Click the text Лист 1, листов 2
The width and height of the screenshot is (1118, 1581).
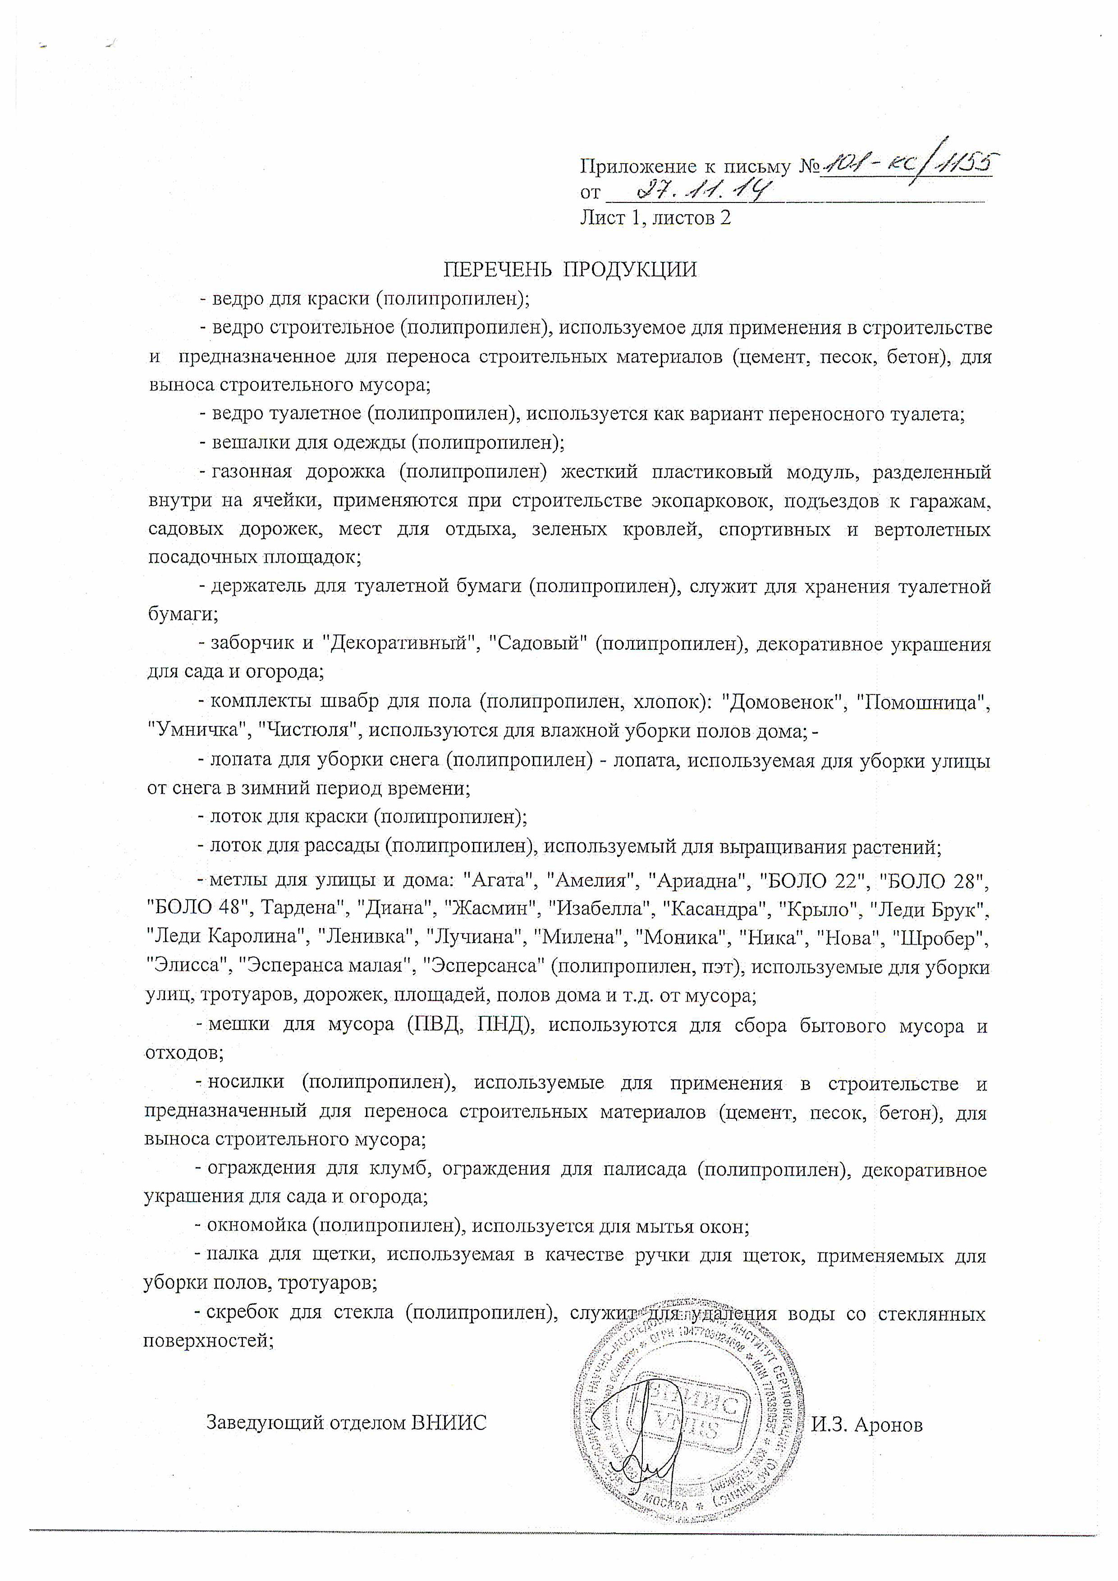[x=655, y=218]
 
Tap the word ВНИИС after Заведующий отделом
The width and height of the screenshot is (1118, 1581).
[x=449, y=1423]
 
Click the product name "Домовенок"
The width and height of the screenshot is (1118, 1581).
[x=783, y=703]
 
